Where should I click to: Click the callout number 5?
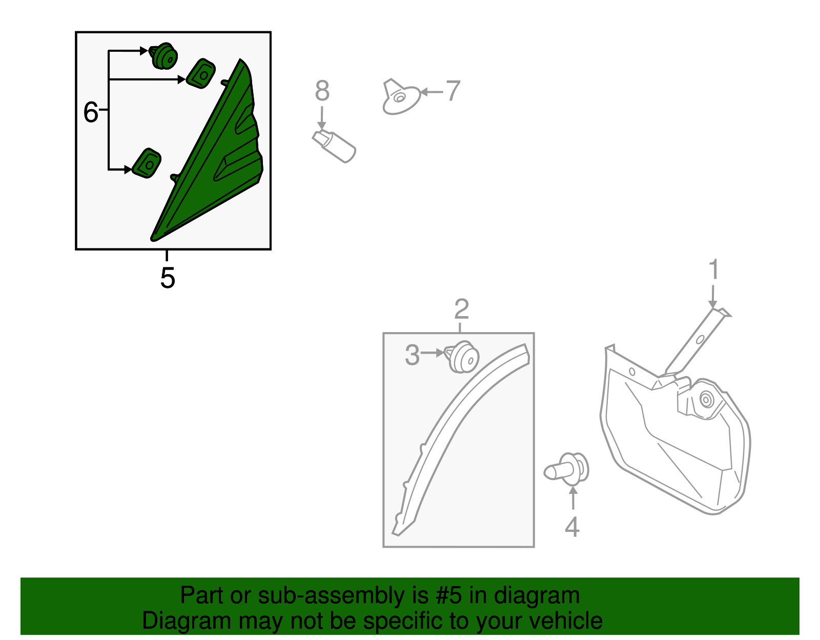click(168, 278)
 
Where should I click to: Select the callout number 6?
click(91, 112)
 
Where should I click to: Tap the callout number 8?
click(322, 91)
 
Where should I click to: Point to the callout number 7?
click(453, 91)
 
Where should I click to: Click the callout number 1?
click(713, 269)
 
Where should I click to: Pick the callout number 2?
click(462, 309)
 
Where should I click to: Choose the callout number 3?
click(412, 355)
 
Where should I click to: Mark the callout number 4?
click(572, 527)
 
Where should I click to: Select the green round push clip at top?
click(163, 56)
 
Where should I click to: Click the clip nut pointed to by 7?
click(401, 97)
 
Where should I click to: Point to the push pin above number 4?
click(566, 469)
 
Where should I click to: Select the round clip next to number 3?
click(462, 357)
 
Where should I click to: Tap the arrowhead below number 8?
click(321, 126)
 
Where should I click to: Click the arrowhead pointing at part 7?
click(424, 92)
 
